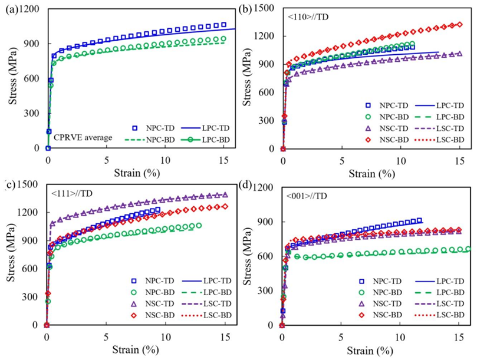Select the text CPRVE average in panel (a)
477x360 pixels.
pyautogui.click(x=82, y=138)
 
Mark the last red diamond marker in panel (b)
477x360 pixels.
pyautogui.click(x=459, y=25)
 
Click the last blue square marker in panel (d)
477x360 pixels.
pyautogui.click(x=419, y=220)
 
